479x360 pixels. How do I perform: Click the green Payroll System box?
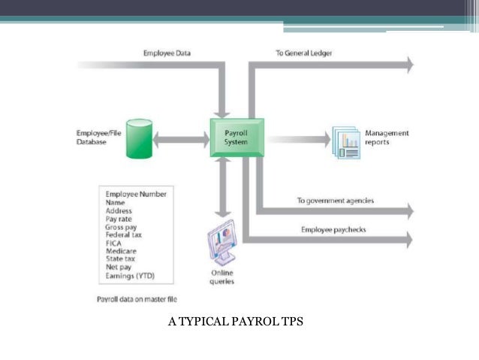(x=236, y=137)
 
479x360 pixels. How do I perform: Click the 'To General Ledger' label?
(x=303, y=53)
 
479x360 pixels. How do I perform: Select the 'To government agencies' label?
(x=335, y=201)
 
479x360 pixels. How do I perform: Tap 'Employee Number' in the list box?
(x=136, y=193)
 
